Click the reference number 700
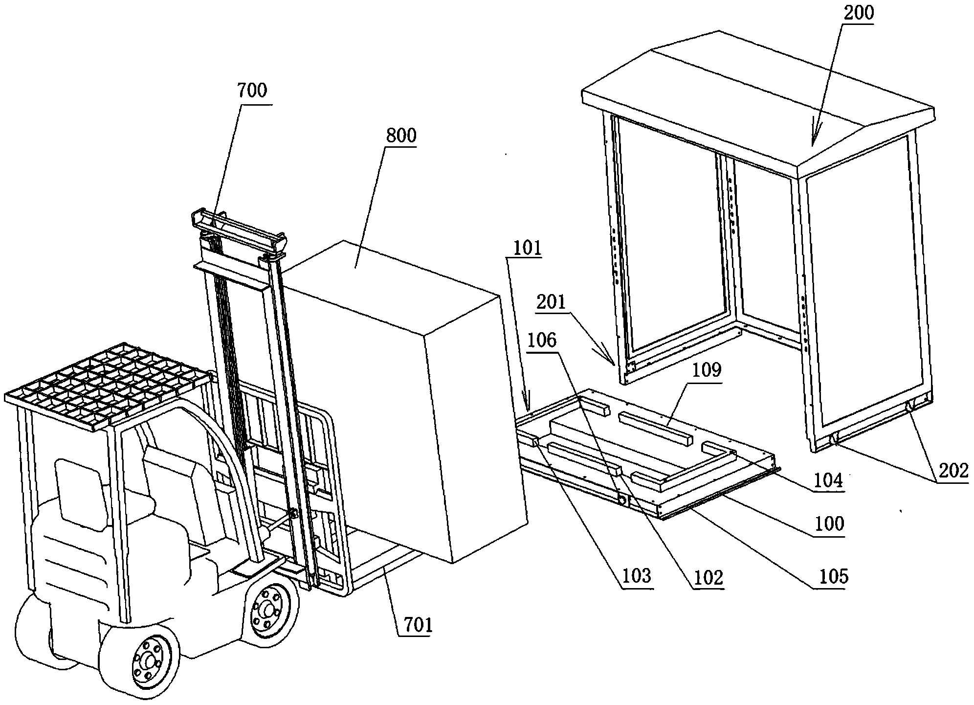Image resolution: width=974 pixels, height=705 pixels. click(252, 91)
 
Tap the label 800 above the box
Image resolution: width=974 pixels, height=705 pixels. click(401, 136)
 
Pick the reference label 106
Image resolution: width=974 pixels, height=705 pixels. click(541, 340)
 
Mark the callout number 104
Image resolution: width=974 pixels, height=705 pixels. click(828, 481)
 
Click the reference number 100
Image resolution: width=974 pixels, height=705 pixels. click(828, 523)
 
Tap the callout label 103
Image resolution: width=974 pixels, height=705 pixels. click(637, 576)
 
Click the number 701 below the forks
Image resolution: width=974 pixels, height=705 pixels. click(416, 625)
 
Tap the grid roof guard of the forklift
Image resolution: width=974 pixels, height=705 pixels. click(108, 387)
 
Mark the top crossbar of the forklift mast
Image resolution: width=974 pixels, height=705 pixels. click(240, 230)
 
